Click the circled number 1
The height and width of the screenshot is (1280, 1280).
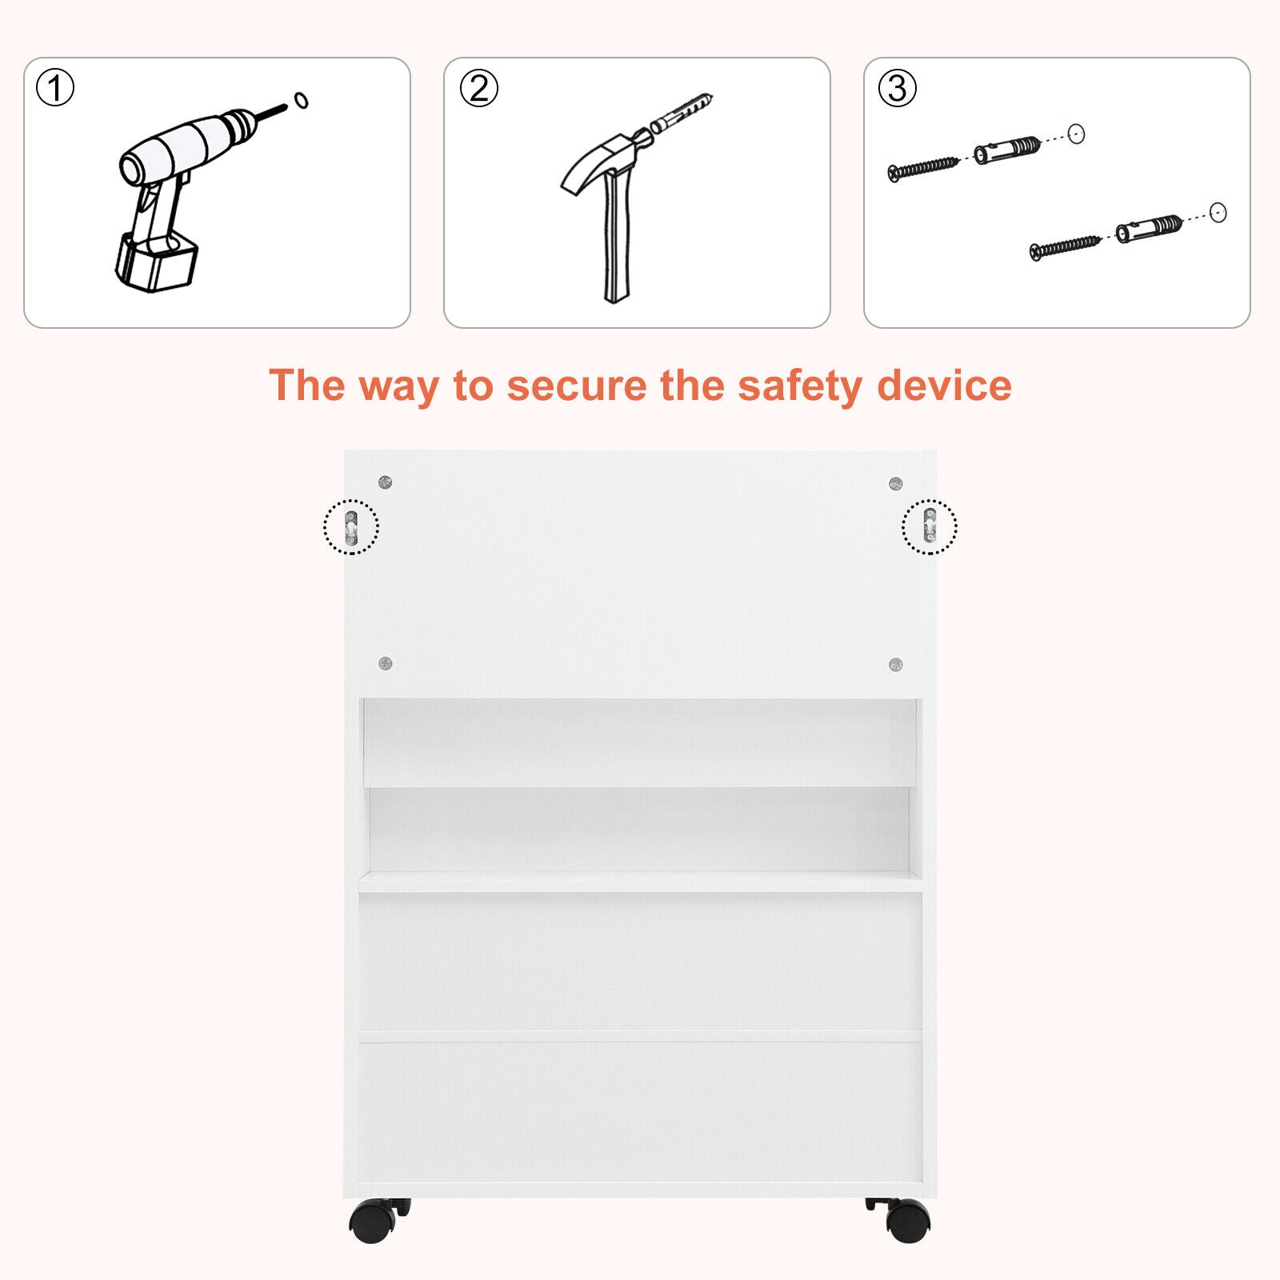coord(55,88)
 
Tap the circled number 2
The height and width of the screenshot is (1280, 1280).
coord(479,88)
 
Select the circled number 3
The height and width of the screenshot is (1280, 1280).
coord(898,88)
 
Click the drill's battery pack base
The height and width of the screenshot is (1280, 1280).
coord(156,263)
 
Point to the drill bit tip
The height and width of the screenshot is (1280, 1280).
coord(286,106)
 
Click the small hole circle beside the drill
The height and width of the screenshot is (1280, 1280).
coord(301,100)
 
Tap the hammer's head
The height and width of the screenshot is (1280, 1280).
coord(608,159)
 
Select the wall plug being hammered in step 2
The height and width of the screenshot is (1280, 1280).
coord(681,113)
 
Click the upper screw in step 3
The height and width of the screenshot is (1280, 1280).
coord(923,169)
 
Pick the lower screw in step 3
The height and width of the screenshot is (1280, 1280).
coord(1066,247)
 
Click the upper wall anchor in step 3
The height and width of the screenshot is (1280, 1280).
coord(1007,149)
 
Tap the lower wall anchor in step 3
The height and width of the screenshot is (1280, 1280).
coord(1150,229)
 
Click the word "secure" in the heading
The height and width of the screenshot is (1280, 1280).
coord(576,386)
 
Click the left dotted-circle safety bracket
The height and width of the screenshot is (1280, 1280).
coord(351,527)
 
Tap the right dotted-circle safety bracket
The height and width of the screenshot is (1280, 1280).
coord(930,526)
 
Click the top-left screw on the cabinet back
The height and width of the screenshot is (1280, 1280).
coord(385,482)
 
